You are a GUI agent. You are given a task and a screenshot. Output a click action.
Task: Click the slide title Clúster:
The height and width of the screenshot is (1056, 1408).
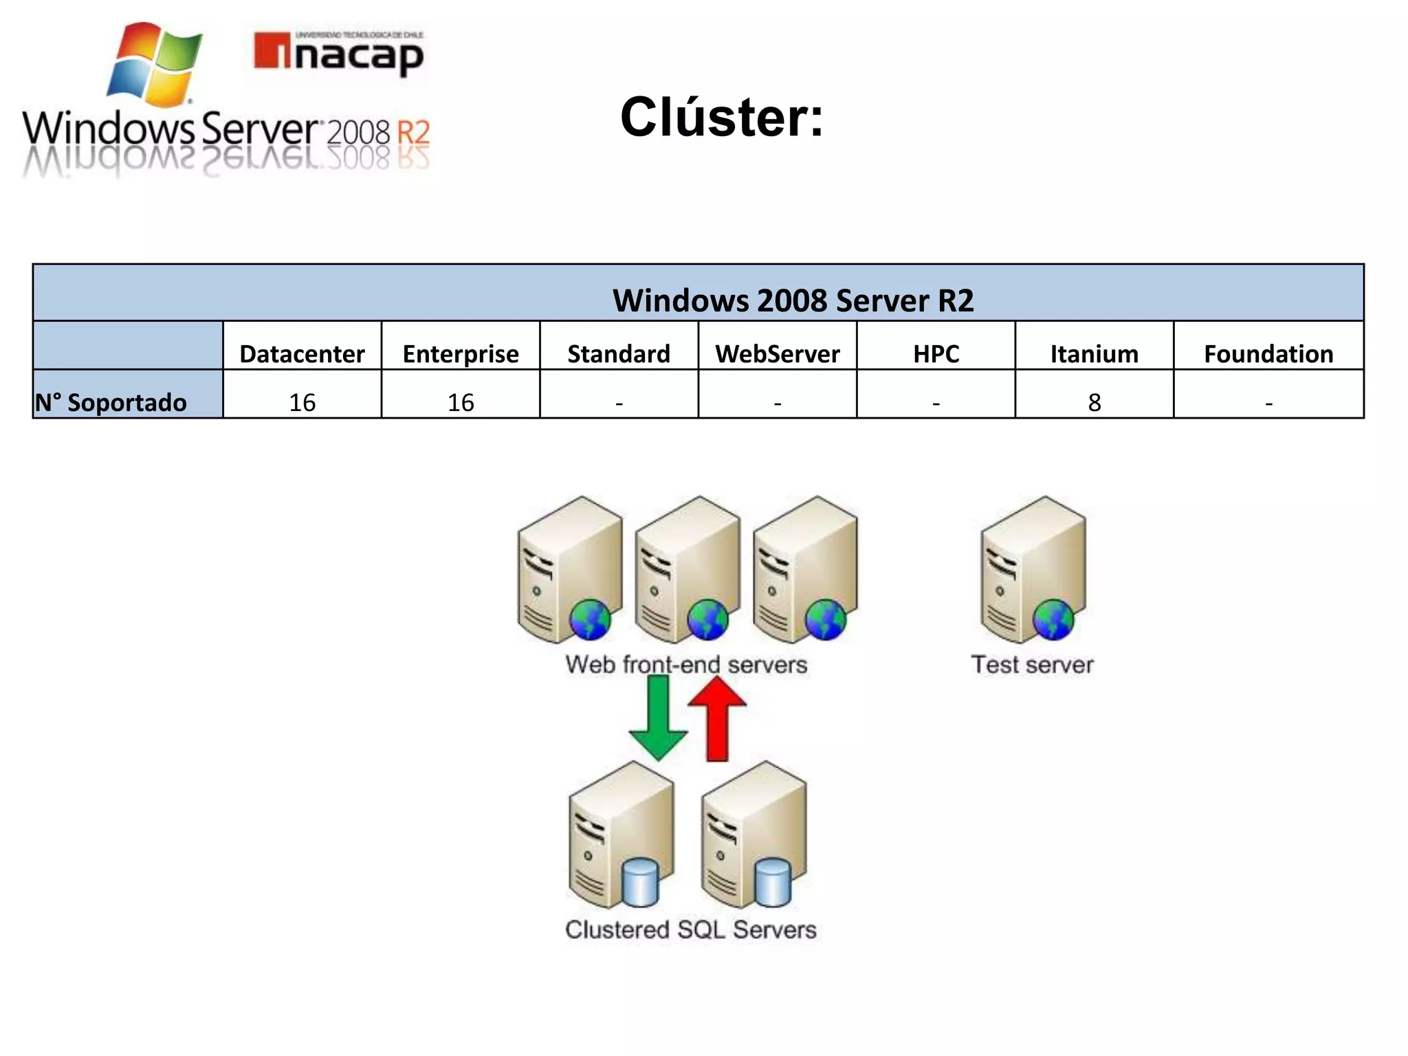(x=721, y=118)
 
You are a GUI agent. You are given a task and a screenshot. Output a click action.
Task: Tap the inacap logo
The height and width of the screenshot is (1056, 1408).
(x=338, y=54)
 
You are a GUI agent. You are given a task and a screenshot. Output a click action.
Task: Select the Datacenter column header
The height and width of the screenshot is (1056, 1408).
(x=302, y=353)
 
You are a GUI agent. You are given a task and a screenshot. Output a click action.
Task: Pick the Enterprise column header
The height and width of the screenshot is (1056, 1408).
(x=461, y=353)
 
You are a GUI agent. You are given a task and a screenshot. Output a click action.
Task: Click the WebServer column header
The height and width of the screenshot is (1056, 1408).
(x=777, y=353)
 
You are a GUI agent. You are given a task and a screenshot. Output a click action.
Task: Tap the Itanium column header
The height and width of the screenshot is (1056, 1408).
(x=1094, y=353)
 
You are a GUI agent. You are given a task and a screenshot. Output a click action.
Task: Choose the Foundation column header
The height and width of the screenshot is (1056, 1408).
(x=1268, y=353)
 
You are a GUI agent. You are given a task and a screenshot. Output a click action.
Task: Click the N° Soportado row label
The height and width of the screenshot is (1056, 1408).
(x=111, y=402)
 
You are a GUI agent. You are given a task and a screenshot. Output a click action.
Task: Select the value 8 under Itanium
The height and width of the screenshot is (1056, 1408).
(x=1094, y=402)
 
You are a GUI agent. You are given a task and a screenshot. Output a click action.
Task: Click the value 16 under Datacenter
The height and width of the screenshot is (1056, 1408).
(x=302, y=402)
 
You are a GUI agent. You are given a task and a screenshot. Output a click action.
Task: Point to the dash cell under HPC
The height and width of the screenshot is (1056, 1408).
(x=936, y=402)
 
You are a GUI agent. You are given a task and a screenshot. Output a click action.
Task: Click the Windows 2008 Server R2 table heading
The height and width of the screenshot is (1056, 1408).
(x=793, y=300)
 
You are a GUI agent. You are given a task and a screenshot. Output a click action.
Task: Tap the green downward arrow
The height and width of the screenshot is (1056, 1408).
(x=658, y=718)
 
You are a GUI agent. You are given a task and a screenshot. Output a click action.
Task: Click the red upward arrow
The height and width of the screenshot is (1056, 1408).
(x=717, y=718)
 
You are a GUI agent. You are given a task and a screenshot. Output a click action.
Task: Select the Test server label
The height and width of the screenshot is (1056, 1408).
(x=1031, y=665)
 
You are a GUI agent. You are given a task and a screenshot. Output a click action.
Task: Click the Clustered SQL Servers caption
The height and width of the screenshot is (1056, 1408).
(x=690, y=929)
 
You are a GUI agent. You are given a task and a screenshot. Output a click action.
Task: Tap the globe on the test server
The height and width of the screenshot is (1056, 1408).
(x=1053, y=619)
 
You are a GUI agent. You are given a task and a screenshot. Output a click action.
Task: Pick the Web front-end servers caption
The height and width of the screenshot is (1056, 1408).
(x=686, y=665)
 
